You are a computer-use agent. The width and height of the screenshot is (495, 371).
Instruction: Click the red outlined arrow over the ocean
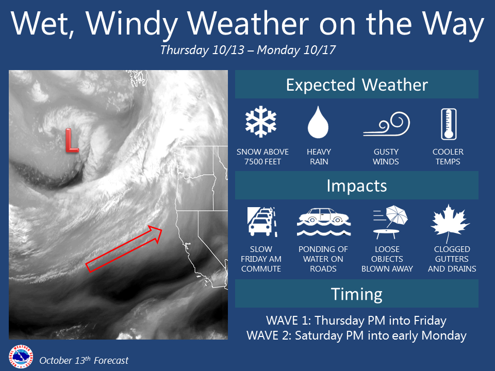tap(124, 248)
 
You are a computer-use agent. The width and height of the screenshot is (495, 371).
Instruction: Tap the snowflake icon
tap(261, 122)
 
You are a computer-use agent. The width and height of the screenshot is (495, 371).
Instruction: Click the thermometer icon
tap(449, 124)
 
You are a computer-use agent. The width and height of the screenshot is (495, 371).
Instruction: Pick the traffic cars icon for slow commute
tap(262, 222)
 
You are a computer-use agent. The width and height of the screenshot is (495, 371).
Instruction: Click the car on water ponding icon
tap(324, 222)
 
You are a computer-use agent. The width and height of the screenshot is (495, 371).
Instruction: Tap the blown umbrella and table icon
tap(390, 222)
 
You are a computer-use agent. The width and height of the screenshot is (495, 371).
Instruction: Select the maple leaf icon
tap(450, 223)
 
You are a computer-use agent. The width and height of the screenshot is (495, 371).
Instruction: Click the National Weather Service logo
tap(21, 357)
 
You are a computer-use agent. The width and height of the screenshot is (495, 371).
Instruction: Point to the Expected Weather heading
tap(357, 85)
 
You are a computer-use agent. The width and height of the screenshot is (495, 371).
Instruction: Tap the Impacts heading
tap(357, 185)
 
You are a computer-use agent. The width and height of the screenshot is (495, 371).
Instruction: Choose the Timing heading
tap(357, 294)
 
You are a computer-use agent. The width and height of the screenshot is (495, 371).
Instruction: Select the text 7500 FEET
tap(262, 161)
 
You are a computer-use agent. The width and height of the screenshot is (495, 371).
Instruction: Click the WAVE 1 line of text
tap(356, 321)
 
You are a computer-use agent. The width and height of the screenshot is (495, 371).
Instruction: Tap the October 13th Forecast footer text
tap(84, 360)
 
